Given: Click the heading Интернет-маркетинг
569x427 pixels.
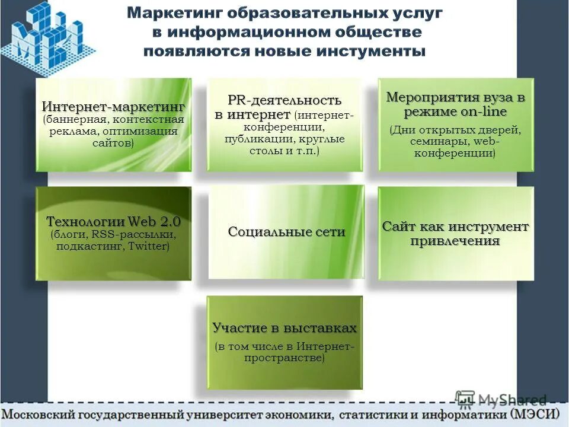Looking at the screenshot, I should point(113,107).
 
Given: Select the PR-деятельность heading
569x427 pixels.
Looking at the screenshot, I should point(284,100).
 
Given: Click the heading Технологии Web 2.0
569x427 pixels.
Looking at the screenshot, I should point(113,222).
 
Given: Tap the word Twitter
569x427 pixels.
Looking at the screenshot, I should point(147,246).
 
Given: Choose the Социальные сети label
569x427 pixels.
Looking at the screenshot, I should point(286,232).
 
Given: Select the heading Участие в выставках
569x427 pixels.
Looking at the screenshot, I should point(284,328).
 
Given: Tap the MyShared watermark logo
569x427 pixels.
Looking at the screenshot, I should point(501,399).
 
